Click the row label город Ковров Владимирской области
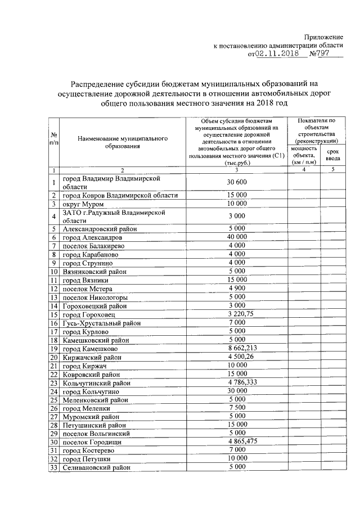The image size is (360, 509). click(x=120, y=195)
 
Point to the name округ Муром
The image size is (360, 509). click(x=83, y=204)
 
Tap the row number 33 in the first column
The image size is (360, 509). click(x=55, y=467)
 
